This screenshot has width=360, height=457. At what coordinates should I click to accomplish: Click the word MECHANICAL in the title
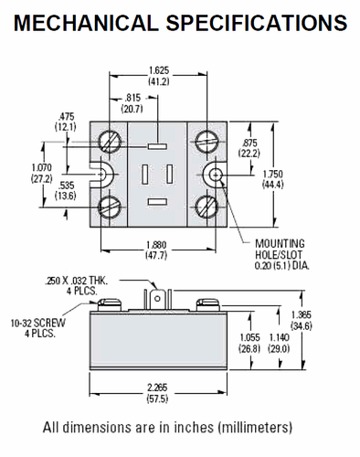86,21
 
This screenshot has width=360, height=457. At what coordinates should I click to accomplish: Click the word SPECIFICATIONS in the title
259,21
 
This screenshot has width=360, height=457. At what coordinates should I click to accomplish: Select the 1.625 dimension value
161,69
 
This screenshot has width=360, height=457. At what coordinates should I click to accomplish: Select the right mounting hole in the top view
216,174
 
